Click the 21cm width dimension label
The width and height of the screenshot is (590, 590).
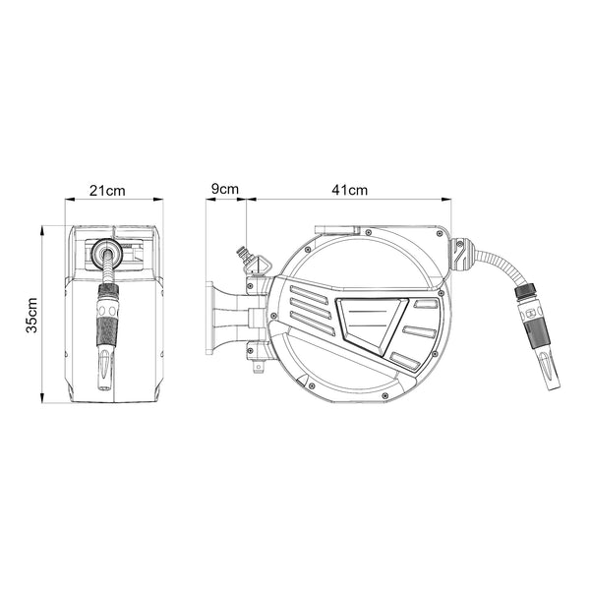tap(107, 191)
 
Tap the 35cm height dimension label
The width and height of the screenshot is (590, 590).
tap(32, 316)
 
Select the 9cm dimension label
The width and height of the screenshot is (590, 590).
tap(224, 189)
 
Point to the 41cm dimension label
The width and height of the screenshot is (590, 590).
tap(349, 190)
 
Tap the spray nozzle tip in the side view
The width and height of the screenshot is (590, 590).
tap(549, 372)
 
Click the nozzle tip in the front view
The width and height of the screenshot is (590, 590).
tap(106, 369)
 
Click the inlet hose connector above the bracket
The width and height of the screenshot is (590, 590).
tap(250, 259)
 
